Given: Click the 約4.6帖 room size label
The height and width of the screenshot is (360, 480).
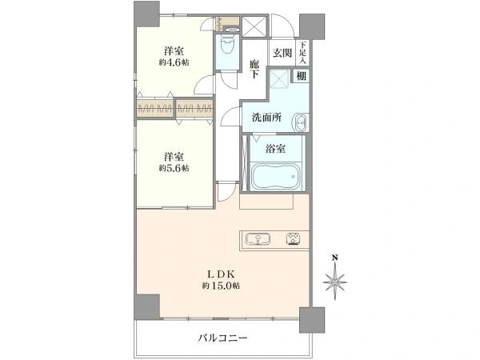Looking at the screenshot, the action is [x=174, y=62].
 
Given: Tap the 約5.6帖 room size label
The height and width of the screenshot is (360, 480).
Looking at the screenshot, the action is [x=174, y=168].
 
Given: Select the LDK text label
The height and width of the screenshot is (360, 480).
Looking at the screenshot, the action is [x=221, y=274].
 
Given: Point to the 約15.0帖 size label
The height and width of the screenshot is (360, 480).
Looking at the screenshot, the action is [x=221, y=286].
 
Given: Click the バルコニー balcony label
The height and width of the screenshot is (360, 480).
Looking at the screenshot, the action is [x=222, y=338].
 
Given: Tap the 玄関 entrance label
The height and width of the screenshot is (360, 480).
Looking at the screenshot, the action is [x=282, y=53].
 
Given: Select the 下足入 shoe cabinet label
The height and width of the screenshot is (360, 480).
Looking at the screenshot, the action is [x=302, y=53].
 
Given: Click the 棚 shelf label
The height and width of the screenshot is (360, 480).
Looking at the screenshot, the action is [x=302, y=76].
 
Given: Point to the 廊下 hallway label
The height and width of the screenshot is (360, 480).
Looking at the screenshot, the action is [x=254, y=69].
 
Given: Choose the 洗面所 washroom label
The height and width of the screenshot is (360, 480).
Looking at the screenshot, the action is [x=266, y=118].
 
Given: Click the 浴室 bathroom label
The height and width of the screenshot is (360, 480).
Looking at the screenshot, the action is [x=275, y=149].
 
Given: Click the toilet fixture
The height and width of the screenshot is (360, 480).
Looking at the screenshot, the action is [x=227, y=46].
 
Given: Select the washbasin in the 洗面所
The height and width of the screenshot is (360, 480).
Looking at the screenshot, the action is [x=300, y=122].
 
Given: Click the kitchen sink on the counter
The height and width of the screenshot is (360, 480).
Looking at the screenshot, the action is [x=258, y=239].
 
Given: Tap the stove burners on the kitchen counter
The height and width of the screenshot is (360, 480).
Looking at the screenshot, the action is [x=294, y=239].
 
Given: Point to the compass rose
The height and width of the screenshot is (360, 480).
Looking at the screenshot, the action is [x=335, y=282].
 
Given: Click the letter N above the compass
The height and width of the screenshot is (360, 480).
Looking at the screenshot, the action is [x=335, y=258].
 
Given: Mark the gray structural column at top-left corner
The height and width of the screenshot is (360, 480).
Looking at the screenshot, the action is [x=147, y=14].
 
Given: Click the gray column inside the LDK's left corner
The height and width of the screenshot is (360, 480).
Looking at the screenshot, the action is [x=147, y=306].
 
